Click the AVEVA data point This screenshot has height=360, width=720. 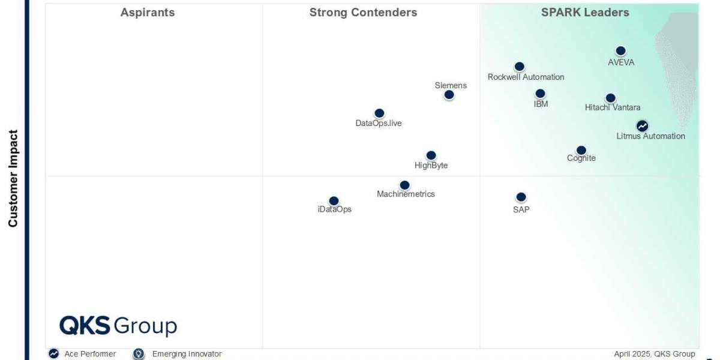point(620,51)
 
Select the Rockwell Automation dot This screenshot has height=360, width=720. point(520,67)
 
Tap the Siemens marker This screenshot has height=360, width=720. point(449,95)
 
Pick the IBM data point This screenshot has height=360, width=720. point(541,94)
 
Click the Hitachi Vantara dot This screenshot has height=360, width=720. point(610,98)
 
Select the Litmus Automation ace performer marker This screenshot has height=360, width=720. point(642,126)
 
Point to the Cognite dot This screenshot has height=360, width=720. point(581,150)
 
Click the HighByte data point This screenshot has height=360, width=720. point(431,155)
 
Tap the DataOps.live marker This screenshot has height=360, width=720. point(379,113)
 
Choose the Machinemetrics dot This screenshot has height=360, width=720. point(404,185)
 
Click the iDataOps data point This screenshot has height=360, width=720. point(334,201)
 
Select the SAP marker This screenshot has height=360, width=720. point(521,197)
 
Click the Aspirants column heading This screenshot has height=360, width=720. point(148,13)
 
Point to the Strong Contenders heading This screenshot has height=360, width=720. point(363,13)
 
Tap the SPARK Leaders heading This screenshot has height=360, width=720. point(585,13)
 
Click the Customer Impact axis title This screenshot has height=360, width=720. point(13,178)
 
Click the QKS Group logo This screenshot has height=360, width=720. point(118,326)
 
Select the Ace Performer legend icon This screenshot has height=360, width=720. point(53,353)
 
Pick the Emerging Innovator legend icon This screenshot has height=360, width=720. point(139,353)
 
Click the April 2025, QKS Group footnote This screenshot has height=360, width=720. point(655,354)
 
